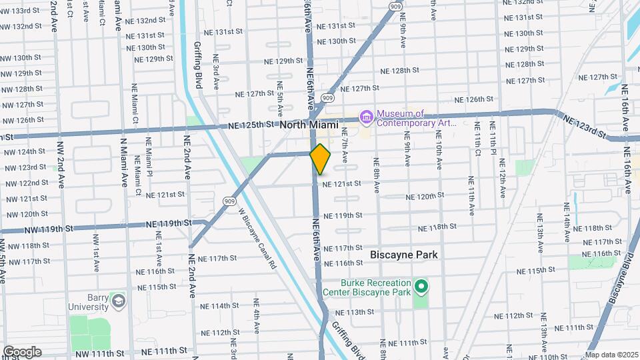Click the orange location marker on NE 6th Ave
321,159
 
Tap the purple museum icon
366,117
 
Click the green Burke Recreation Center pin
421,287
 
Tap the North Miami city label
309,125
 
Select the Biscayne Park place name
404,255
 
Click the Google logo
22,352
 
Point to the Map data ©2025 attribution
611,355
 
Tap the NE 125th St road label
251,125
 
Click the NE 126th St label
473,99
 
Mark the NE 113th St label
354,312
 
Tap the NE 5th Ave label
280,98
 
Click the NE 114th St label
219,305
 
